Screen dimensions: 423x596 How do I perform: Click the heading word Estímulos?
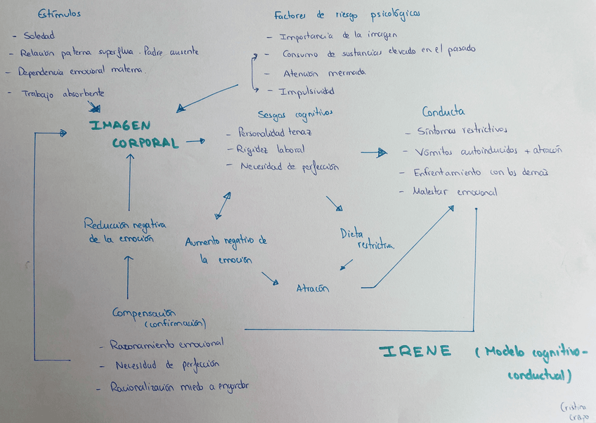pyautogui.click(x=59, y=14)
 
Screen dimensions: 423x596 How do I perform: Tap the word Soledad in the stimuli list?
pyautogui.click(x=39, y=36)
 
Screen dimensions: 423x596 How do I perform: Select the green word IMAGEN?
pyautogui.click(x=119, y=125)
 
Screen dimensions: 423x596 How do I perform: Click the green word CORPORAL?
pyautogui.click(x=145, y=143)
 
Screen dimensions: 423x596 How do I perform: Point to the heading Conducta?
pyautogui.click(x=443, y=111)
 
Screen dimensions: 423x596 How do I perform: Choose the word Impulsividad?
pyautogui.click(x=306, y=91)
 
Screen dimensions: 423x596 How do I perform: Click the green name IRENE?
pyautogui.click(x=415, y=351)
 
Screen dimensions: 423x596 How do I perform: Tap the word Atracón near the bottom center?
pyautogui.click(x=312, y=288)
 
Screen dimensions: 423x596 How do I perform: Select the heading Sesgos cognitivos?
pyautogui.click(x=294, y=114)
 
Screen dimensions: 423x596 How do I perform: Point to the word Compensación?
pyautogui.click(x=143, y=312)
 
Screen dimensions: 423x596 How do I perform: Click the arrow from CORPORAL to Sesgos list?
pyautogui.click(x=195, y=141)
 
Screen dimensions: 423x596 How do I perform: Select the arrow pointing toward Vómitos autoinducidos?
pyautogui.click(x=374, y=152)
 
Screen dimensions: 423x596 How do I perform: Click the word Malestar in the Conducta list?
pyautogui.click(x=432, y=191)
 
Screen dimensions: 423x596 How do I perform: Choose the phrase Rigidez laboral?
pyautogui.click(x=271, y=149)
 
